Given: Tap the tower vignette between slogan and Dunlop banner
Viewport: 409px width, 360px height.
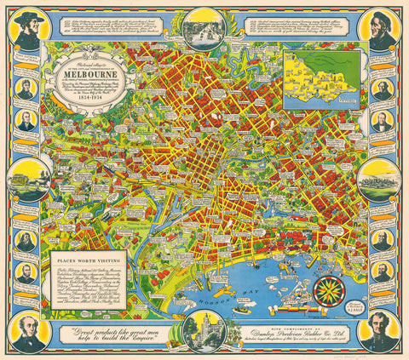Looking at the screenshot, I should click(x=204, y=330).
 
